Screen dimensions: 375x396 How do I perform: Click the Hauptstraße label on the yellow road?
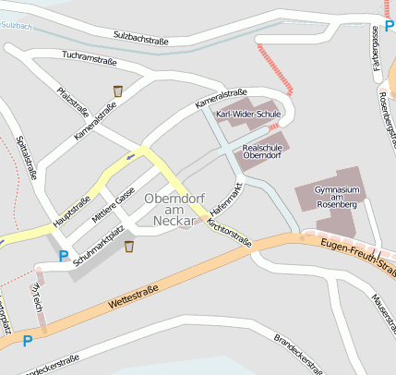[x=71, y=211]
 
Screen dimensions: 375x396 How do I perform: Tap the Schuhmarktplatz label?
[x=99, y=246]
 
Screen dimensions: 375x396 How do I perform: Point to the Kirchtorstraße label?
[x=230, y=232]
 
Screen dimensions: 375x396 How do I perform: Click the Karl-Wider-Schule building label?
[x=247, y=114]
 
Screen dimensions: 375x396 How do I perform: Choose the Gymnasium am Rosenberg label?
[x=335, y=196]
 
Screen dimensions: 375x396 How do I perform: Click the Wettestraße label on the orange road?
[x=134, y=296]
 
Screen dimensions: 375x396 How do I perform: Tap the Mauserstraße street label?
[x=380, y=309]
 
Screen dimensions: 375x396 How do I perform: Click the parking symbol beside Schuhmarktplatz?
[x=64, y=256]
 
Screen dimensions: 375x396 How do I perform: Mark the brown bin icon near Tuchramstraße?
[x=118, y=91]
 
